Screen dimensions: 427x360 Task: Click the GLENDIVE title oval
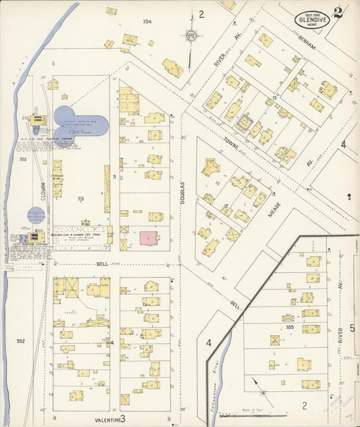coord(313,19)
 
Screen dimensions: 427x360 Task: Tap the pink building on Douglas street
coord(149,238)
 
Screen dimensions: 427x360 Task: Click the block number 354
coord(147,22)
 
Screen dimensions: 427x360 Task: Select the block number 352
coord(21,341)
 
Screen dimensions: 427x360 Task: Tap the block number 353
coord(22,159)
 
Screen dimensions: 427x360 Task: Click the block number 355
coord(290,327)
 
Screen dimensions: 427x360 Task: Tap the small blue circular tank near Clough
coord(36,216)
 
